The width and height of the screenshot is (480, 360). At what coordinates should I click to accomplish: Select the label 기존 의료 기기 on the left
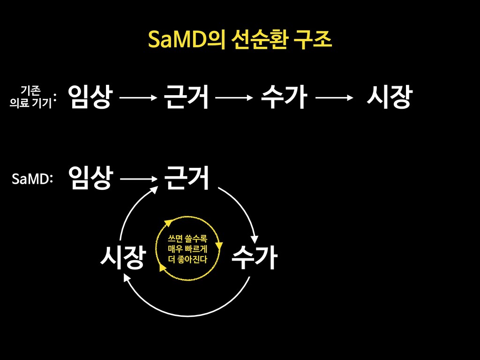pos(30,96)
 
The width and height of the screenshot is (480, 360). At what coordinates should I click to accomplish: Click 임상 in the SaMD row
pos(90,178)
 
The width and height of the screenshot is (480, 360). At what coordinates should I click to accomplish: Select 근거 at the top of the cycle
pos(186,178)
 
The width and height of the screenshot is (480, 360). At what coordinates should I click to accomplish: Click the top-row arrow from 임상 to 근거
pos(138,97)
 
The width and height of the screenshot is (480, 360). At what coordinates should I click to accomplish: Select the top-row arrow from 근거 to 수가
pos(234,97)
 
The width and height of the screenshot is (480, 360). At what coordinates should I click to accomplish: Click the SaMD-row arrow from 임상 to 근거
pos(138,179)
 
